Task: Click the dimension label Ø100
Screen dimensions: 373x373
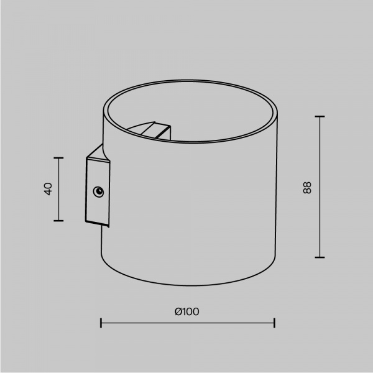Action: pos(187,311)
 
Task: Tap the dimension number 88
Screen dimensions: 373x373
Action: pos(307,188)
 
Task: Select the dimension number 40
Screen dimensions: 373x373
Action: pos(48,189)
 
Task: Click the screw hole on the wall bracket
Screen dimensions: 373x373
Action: pos(98,191)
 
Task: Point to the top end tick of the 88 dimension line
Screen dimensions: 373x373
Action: pos(320,117)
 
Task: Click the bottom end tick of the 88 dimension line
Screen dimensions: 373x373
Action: pos(320,257)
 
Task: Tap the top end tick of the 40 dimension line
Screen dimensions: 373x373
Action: pos(58,158)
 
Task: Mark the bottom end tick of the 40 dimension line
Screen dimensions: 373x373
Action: pos(58,221)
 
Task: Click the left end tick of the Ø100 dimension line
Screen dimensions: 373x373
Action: pos(101,323)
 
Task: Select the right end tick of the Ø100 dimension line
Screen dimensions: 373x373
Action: pos(275,323)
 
